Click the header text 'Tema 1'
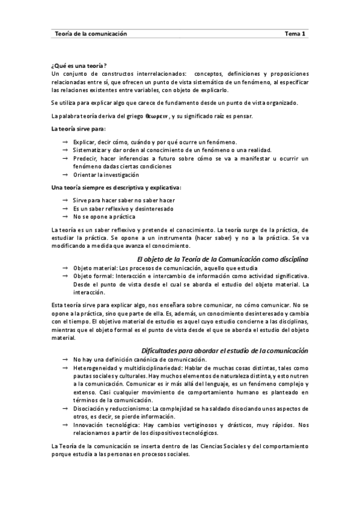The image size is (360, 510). [295, 34]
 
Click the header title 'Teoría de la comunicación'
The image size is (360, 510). [91, 34]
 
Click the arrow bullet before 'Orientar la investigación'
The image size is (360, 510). [64, 174]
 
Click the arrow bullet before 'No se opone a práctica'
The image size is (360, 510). [64, 217]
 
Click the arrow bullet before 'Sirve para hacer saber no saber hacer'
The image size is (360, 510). [64, 200]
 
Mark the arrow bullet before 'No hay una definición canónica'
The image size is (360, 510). [64, 359]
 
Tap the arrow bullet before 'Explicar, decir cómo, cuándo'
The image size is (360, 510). [64, 141]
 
